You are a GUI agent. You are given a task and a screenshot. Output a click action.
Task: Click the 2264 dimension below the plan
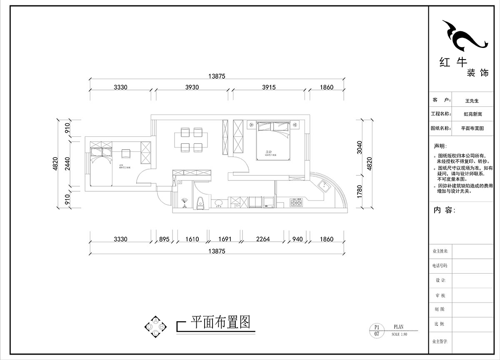coord(263,239)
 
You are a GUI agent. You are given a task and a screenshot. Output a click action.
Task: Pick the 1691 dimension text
coord(225,239)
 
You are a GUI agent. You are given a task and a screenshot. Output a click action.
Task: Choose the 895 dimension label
coord(164,239)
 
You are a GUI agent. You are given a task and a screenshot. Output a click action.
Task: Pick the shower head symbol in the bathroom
coord(184,204)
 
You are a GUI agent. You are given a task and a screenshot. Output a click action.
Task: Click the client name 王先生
coord(472,100)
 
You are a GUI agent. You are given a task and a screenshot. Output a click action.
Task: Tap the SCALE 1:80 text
coord(400,334)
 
